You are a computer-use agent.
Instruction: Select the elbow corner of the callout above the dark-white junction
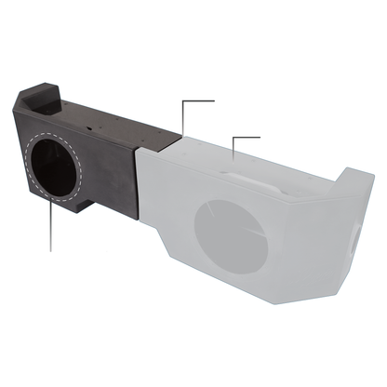(x=184, y=100)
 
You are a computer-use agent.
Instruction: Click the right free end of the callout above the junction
(x=214, y=100)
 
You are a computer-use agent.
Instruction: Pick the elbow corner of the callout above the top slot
(x=232, y=136)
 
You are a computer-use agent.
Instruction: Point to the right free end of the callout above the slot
(x=260, y=136)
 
